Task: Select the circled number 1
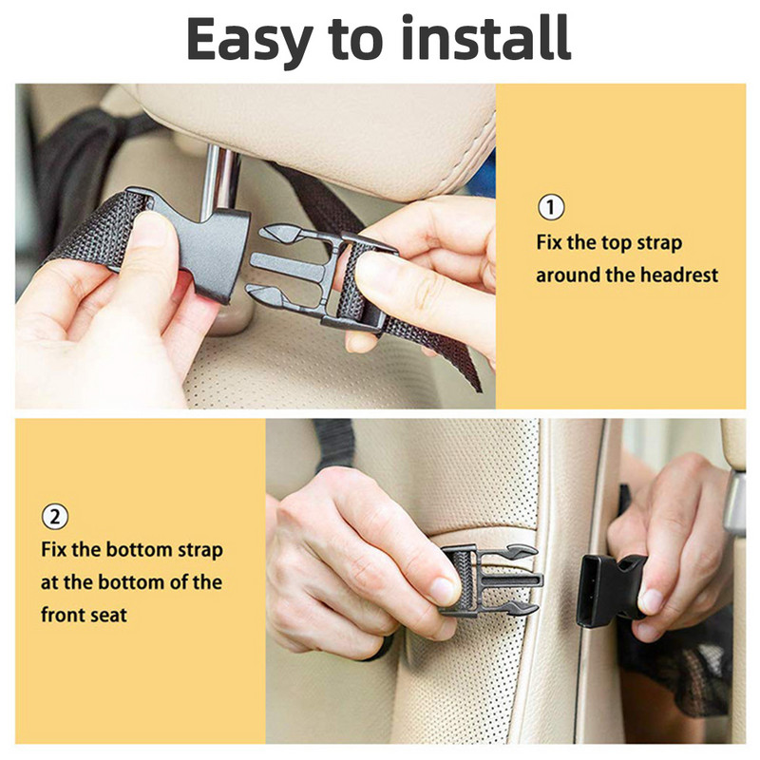(551, 208)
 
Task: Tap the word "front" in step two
(63, 615)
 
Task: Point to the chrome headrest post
(220, 180)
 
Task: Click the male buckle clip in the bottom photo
(489, 579)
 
